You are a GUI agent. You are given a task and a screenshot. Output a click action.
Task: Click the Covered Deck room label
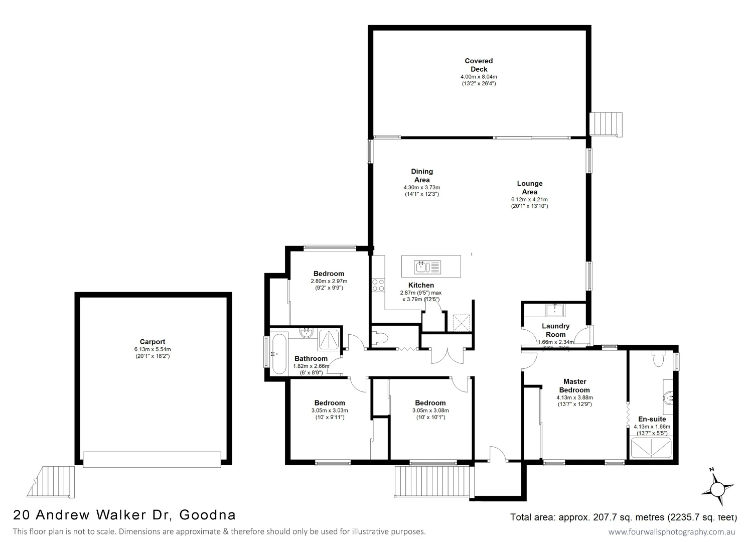(x=479, y=65)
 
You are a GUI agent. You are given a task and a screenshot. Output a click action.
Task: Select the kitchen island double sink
(x=427, y=266)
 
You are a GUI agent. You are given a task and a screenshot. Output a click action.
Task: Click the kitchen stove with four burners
(x=378, y=285)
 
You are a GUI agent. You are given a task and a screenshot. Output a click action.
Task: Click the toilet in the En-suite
(x=659, y=358)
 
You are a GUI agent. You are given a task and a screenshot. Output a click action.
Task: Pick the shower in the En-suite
(x=651, y=448)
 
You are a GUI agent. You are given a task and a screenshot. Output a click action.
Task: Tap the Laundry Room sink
(x=555, y=310)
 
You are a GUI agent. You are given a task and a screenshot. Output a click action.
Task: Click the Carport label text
(x=153, y=342)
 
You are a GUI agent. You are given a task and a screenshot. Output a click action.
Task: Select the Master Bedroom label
(x=574, y=385)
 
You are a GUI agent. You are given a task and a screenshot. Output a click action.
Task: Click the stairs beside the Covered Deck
(x=606, y=124)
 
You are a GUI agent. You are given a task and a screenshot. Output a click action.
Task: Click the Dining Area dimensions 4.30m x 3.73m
(x=421, y=187)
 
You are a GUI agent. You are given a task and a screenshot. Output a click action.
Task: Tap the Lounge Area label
(x=529, y=187)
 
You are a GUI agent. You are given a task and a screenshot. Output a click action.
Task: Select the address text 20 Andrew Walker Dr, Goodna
(x=124, y=515)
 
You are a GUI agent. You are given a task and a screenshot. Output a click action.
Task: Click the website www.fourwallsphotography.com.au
(x=672, y=532)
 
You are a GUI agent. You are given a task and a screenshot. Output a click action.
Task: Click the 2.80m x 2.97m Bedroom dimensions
(x=329, y=281)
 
